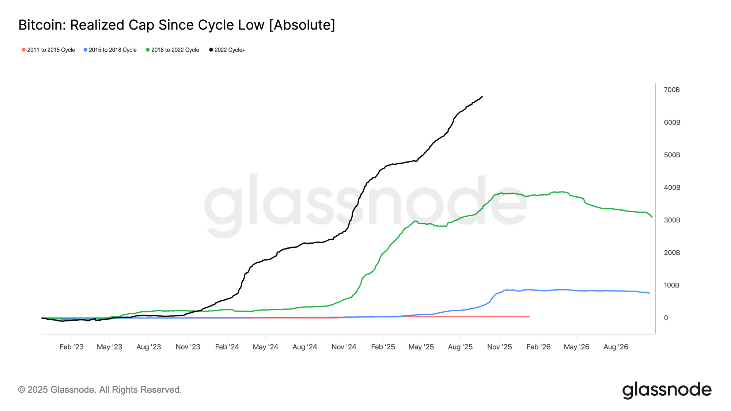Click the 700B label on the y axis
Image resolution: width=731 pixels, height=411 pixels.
672,90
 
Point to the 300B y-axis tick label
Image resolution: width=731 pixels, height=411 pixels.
672,220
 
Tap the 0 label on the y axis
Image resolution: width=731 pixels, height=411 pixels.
666,318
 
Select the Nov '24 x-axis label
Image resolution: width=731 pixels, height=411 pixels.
344,347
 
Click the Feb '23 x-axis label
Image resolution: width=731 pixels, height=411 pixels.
71,347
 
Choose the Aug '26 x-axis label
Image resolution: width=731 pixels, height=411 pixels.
616,347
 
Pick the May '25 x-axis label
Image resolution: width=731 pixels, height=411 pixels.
421,347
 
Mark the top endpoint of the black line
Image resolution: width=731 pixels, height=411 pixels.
482,97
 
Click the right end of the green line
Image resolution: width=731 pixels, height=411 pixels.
652,217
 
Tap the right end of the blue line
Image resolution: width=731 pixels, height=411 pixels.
649,293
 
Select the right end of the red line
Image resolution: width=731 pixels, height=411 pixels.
529,316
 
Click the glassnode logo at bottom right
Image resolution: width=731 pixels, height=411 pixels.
667,390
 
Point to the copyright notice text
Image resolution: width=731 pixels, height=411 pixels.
100,390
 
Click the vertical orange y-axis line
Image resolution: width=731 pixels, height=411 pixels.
656,208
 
